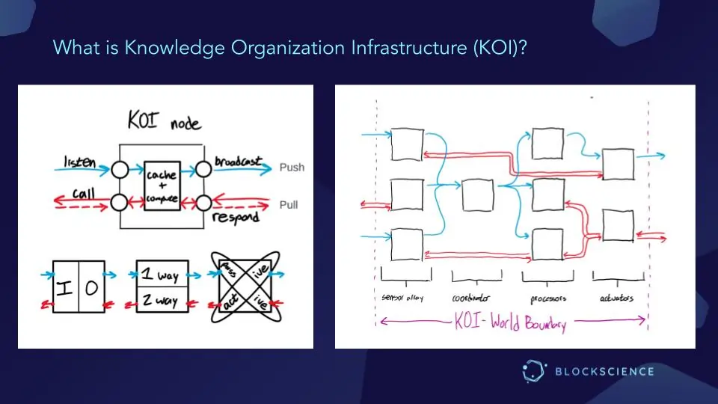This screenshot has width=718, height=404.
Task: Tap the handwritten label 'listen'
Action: pyautogui.click(x=80, y=161)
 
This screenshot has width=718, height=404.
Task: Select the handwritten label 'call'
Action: pyautogui.click(x=83, y=193)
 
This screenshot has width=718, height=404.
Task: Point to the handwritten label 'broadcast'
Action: pyautogui.click(x=238, y=161)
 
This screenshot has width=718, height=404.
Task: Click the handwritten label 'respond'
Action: pyautogui.click(x=236, y=217)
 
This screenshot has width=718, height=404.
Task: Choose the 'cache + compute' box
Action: pyautogui.click(x=162, y=186)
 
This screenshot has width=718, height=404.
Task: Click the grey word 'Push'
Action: pyautogui.click(x=292, y=167)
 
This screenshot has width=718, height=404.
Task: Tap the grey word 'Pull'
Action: pyautogui.click(x=289, y=204)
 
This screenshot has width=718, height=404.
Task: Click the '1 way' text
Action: pyautogui.click(x=161, y=276)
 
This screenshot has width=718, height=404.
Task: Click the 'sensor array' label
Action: pyautogui.click(x=402, y=298)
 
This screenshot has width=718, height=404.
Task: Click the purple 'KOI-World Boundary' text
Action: pyautogui.click(x=511, y=323)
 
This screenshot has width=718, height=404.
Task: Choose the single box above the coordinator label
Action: pyautogui.click(x=477, y=195)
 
